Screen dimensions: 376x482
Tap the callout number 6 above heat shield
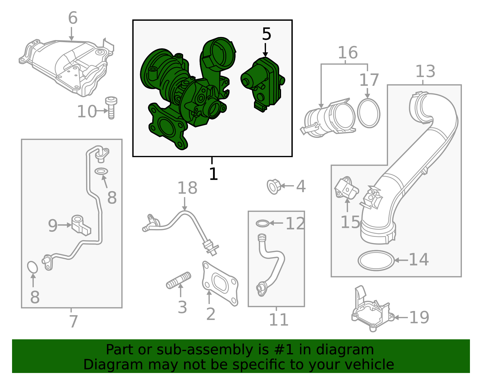(73, 18)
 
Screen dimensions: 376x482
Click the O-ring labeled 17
(368, 113)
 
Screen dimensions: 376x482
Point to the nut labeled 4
(274, 186)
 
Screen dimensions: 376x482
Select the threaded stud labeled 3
(179, 281)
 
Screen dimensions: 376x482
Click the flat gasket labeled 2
(220, 283)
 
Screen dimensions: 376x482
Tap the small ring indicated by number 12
(262, 223)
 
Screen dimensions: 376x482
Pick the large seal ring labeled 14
(376, 261)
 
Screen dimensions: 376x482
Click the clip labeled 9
(80, 225)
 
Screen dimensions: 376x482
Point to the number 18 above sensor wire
(187, 188)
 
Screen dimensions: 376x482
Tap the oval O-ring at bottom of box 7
(32, 267)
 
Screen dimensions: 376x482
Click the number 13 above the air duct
(425, 71)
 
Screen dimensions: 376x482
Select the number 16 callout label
(347, 53)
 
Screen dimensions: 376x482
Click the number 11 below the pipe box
(278, 319)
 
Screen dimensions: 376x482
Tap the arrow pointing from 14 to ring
(401, 260)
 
